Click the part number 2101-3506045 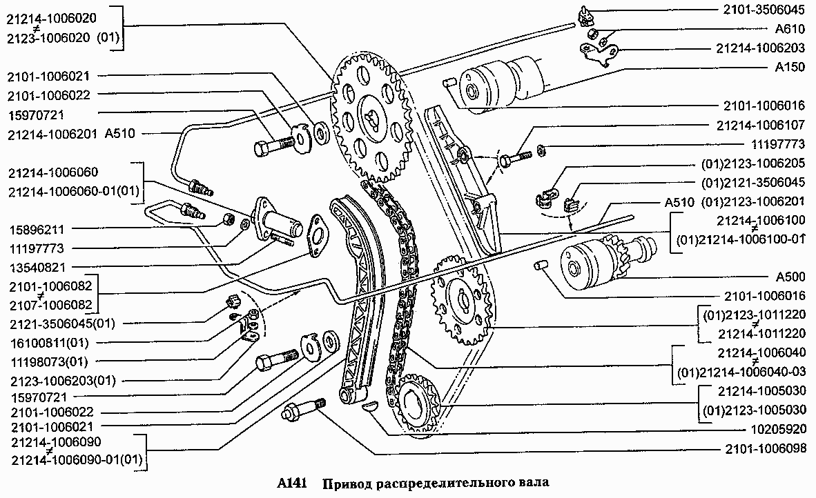[764, 10]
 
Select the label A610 [790, 29]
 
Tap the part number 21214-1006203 [760, 48]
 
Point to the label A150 [790, 68]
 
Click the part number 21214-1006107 [760, 126]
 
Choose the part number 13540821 [37, 268]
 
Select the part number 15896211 [37, 229]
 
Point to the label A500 [790, 277]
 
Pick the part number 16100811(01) [49, 343]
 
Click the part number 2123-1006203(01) [62, 381]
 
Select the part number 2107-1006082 [50, 305]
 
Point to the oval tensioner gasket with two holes [317, 236]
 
